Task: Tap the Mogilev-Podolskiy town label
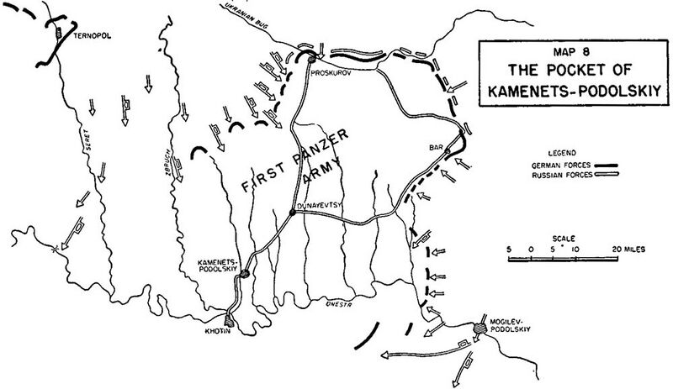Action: point(503,324)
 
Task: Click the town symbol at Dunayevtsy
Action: point(291,213)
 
